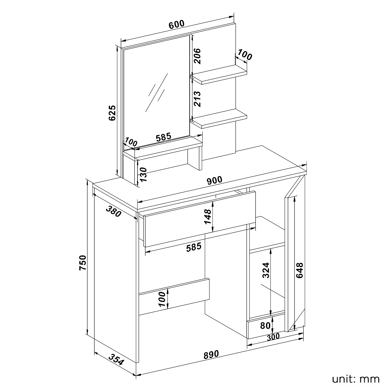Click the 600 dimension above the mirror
[x=177, y=24]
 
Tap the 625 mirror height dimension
[x=112, y=113]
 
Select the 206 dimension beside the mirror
[x=197, y=56]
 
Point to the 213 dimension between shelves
[x=197, y=99]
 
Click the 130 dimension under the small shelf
[x=143, y=175]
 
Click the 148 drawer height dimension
[x=208, y=216]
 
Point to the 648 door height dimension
[x=300, y=270]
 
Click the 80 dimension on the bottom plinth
[x=265, y=326]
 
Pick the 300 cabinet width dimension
[x=273, y=337]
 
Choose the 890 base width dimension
[x=211, y=355]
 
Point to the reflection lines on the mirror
[x=156, y=93]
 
